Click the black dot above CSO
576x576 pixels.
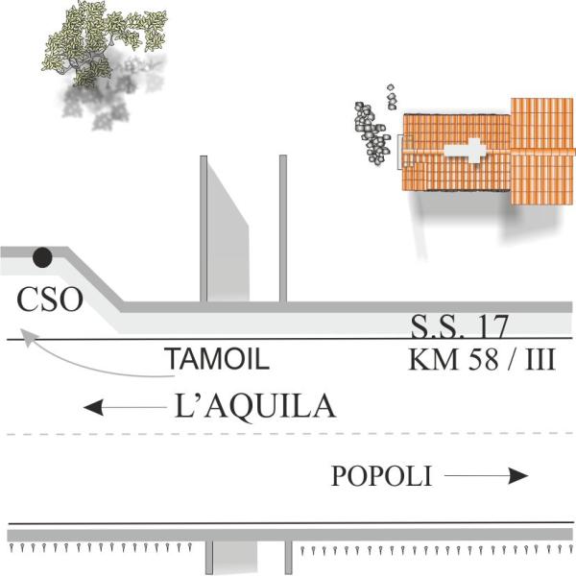tap(42, 257)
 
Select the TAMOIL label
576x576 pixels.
tap(215, 361)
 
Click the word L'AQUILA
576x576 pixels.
tap(256, 407)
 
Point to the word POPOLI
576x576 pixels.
tap(381, 476)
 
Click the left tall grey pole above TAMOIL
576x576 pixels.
tap(204, 228)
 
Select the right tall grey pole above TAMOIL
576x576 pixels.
tap(283, 228)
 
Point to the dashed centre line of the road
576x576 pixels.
tap(288, 436)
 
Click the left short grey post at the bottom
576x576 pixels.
tap(209, 557)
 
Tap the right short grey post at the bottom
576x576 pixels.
tap(287, 557)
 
